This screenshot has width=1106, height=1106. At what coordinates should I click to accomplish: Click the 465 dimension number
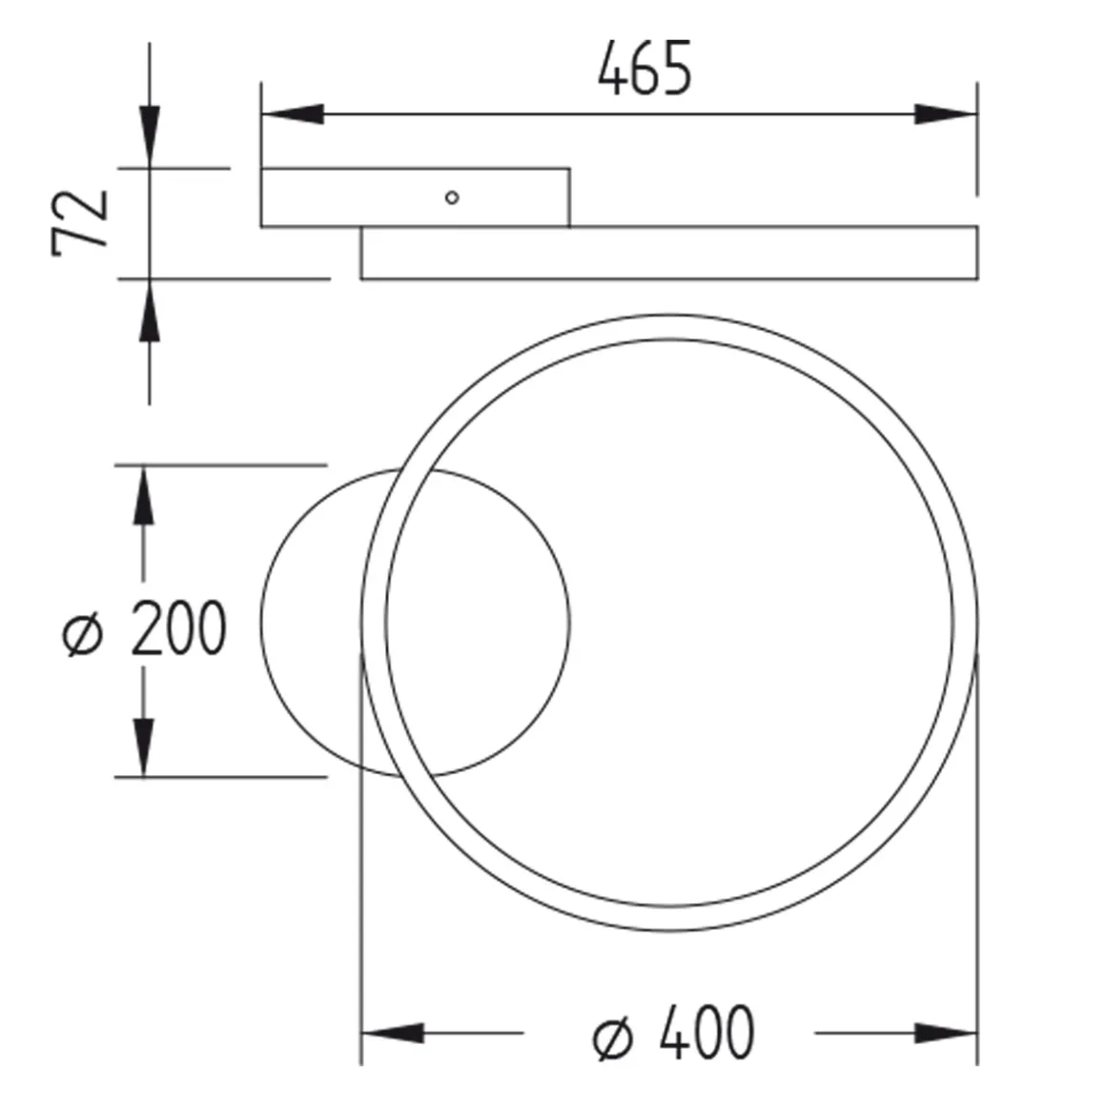coord(645,69)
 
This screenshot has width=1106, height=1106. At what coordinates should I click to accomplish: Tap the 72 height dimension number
coord(80,222)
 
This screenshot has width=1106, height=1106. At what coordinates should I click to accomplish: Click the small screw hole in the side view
coord(452,197)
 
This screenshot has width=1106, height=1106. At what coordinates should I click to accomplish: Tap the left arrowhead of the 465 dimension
coord(293,114)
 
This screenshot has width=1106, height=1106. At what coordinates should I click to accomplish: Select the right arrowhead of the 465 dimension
coord(946,114)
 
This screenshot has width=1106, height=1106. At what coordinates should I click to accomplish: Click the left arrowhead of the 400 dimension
coord(393,1034)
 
